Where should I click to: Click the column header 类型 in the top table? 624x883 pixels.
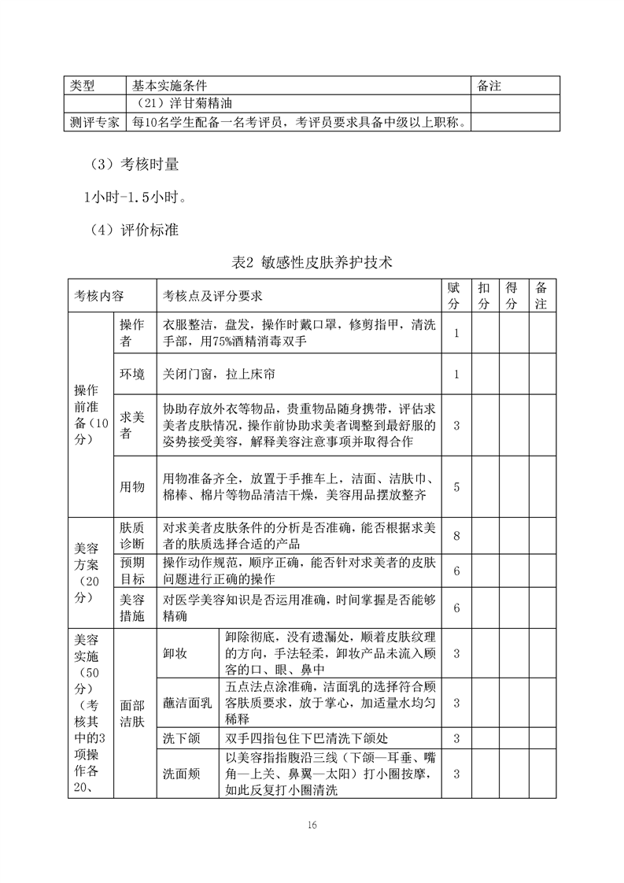pyautogui.click(x=83, y=85)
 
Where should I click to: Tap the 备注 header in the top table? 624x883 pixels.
pyautogui.click(x=489, y=85)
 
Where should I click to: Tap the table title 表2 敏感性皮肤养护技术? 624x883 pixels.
pyautogui.click(x=312, y=263)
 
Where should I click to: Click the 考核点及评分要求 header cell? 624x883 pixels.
pyautogui.click(x=212, y=296)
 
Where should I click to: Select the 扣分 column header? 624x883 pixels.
pyautogui.click(x=484, y=295)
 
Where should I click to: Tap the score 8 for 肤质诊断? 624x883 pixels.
pyautogui.click(x=456, y=536)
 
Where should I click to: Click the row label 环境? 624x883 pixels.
pyautogui.click(x=132, y=374)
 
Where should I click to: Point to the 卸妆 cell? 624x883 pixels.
pyautogui.click(x=175, y=653)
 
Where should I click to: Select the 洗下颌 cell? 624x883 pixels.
pyautogui.click(x=180, y=737)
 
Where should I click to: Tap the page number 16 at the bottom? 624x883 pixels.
pyautogui.click(x=312, y=825)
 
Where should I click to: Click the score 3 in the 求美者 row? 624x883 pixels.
pyautogui.click(x=456, y=425)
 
